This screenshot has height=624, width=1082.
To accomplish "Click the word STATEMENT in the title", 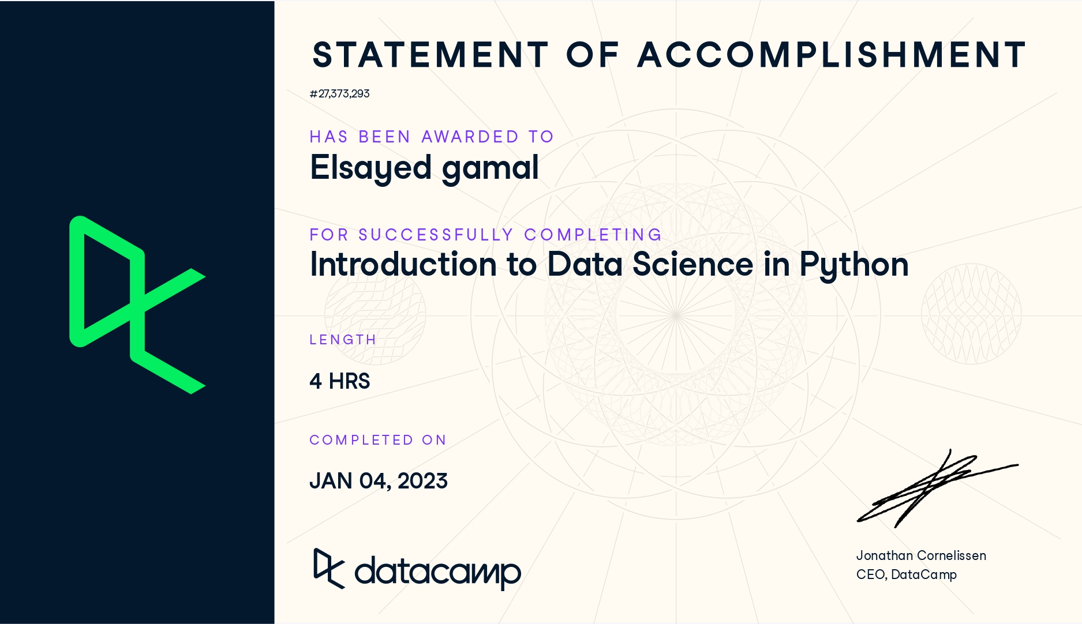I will (x=430, y=55).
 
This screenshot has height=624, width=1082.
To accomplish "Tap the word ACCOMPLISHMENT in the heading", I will (x=831, y=55).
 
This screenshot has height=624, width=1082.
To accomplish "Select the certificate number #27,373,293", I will (x=339, y=93).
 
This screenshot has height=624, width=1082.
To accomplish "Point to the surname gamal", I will (x=490, y=168).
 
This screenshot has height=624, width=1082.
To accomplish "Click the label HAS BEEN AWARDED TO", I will (x=432, y=137).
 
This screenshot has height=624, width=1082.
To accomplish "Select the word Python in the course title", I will (x=853, y=265).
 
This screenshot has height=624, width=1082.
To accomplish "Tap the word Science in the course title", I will (x=692, y=265).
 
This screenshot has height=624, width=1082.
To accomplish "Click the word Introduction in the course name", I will (x=403, y=265).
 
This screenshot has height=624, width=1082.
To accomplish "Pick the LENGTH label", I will (x=343, y=340).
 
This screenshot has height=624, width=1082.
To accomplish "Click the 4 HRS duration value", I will (x=339, y=381).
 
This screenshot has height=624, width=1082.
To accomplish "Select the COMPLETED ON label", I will (x=378, y=440).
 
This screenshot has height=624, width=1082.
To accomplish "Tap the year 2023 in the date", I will (x=422, y=481).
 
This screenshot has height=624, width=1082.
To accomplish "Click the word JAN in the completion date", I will (x=331, y=481).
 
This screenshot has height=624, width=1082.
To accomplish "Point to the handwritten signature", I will (x=935, y=487).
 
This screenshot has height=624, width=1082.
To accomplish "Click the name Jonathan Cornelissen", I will (x=921, y=555).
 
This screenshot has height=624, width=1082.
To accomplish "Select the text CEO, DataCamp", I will (x=906, y=574).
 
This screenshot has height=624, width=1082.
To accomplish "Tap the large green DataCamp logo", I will (x=137, y=305).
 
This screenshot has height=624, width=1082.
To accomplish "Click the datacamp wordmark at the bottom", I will (x=437, y=572).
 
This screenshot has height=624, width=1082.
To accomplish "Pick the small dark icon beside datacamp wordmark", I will (x=328, y=569).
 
